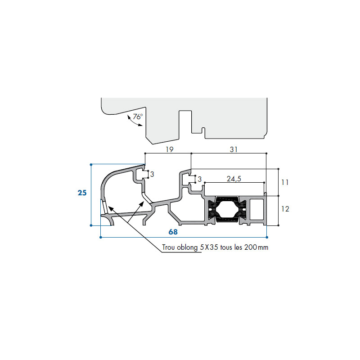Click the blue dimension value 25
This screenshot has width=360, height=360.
pos(82,193)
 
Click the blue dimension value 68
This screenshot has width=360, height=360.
pos(173,232)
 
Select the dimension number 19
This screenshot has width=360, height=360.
pos(170,149)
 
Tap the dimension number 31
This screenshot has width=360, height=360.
pos(234,149)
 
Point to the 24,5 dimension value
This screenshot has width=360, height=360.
pos(234,179)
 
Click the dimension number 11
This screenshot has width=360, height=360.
pos(285,182)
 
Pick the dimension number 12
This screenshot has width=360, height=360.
pos(285,209)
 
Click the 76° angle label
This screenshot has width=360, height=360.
pos(138,117)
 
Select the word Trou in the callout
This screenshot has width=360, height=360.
pos(168,247)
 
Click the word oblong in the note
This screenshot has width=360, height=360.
pos(187,247)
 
